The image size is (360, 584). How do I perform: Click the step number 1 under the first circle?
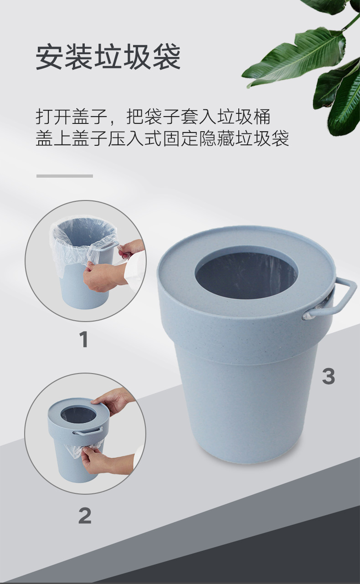(84, 339)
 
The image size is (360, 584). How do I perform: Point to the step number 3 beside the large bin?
(329, 376)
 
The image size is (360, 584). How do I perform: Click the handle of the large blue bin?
(339, 297)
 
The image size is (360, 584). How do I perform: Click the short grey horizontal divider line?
(65, 176)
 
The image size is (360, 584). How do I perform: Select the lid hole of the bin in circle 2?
(76, 413)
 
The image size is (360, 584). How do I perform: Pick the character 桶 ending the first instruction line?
(262, 117)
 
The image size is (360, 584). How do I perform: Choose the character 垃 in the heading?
(108, 56)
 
